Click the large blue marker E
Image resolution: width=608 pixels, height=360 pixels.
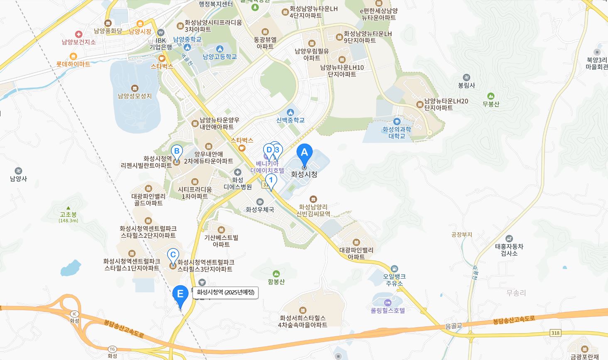pos(180,295)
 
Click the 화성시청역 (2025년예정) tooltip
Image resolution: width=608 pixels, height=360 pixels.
pos(226,292)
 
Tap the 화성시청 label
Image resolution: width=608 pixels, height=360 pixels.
pos(304,174)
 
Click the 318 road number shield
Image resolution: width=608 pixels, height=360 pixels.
pos(555,333)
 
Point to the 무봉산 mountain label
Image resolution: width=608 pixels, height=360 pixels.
pos(491,104)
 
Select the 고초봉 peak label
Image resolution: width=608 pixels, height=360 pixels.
pos(68,215)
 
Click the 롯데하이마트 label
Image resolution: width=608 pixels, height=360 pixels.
pos(74,64)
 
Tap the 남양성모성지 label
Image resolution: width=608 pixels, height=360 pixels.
pos(135,96)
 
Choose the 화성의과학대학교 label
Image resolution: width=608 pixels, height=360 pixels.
pos(397,132)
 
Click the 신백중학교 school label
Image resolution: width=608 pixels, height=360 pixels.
pos(290,120)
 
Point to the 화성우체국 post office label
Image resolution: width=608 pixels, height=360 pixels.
pos(260,210)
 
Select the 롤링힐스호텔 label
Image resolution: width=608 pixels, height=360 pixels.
pos(387,310)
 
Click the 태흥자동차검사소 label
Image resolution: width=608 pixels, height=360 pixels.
pos(509,250)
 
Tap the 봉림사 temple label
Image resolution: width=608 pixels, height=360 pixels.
pos(466,85)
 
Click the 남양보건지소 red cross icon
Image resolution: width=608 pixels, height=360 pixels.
pos(78,34)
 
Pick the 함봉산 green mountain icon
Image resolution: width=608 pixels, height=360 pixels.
pos(276,274)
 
